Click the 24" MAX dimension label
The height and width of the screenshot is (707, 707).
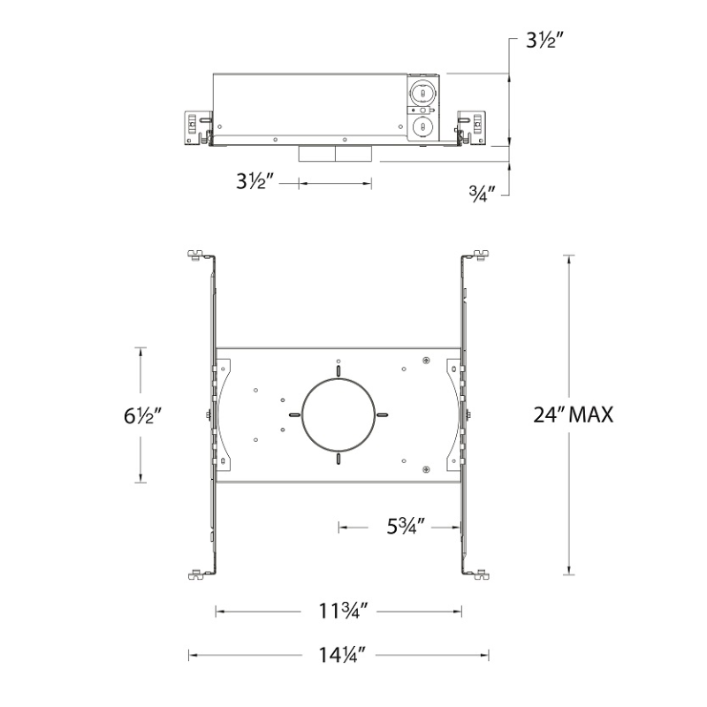coord(573,414)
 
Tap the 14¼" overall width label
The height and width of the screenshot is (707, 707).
coord(338,655)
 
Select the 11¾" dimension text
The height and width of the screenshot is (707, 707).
coord(338,612)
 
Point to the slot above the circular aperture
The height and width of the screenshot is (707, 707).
coord(338,369)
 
